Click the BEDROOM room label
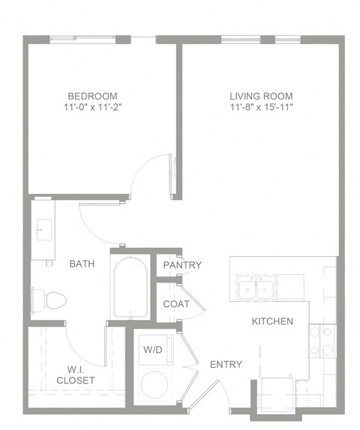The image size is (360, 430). (92, 96)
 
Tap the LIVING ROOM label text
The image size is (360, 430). (261, 96)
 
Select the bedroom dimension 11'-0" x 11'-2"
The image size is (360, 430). (92, 108)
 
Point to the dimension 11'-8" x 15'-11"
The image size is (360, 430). (261, 108)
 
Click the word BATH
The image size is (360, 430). (81, 264)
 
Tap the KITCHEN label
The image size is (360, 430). (271, 321)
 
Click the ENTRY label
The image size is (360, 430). (226, 365)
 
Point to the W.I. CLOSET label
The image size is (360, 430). (76, 374)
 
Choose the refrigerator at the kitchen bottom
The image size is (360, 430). (279, 396)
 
